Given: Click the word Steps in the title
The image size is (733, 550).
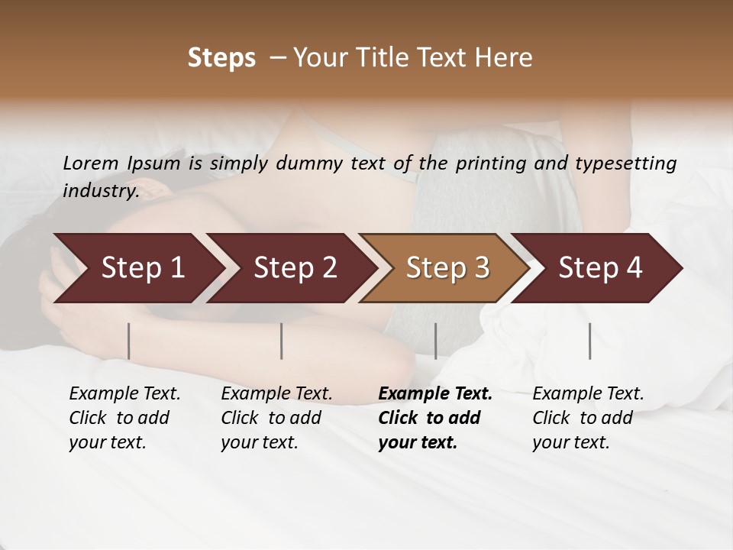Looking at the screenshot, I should tap(221, 58).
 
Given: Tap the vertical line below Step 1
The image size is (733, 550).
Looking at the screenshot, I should tap(129, 341).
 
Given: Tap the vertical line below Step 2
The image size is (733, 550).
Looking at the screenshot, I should tap(282, 341).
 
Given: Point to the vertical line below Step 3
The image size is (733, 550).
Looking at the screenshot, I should tap(435, 341).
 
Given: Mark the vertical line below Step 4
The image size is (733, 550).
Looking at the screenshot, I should tap(590, 341).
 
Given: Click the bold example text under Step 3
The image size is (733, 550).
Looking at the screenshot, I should tap(434, 418).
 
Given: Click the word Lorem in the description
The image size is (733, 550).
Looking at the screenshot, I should tap(91, 163).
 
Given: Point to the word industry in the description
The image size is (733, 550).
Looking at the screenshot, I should tap(100, 190).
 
